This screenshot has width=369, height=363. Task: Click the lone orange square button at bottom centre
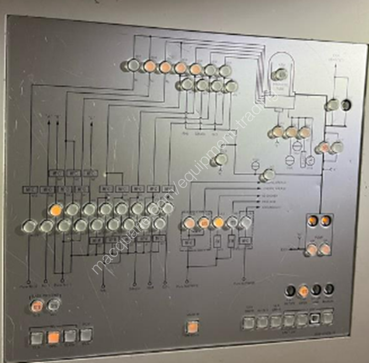coord(191,325)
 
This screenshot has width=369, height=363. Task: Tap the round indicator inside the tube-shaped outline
coord(281,74)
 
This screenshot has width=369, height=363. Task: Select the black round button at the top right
coord(347,104)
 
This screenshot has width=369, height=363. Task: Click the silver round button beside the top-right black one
coord(333,105)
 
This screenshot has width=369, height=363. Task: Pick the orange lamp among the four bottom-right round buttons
coord(303,291)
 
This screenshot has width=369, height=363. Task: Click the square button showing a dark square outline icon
coord(315,319)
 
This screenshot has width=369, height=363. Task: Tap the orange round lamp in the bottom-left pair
coord(38,305)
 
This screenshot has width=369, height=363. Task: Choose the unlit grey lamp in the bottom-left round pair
coord(54,305)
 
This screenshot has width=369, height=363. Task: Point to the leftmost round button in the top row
coord(133,66)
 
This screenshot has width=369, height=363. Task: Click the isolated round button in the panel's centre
coord(221,159)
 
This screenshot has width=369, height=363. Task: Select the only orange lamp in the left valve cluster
coord(55,210)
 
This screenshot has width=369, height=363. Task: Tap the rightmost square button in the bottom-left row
coord(86,335)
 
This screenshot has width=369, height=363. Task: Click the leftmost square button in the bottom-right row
coord(249,321)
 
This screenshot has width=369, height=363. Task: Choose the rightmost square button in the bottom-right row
coord(328,317)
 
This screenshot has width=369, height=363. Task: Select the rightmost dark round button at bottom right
coord(330,289)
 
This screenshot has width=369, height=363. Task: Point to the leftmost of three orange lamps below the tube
coord(277,132)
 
